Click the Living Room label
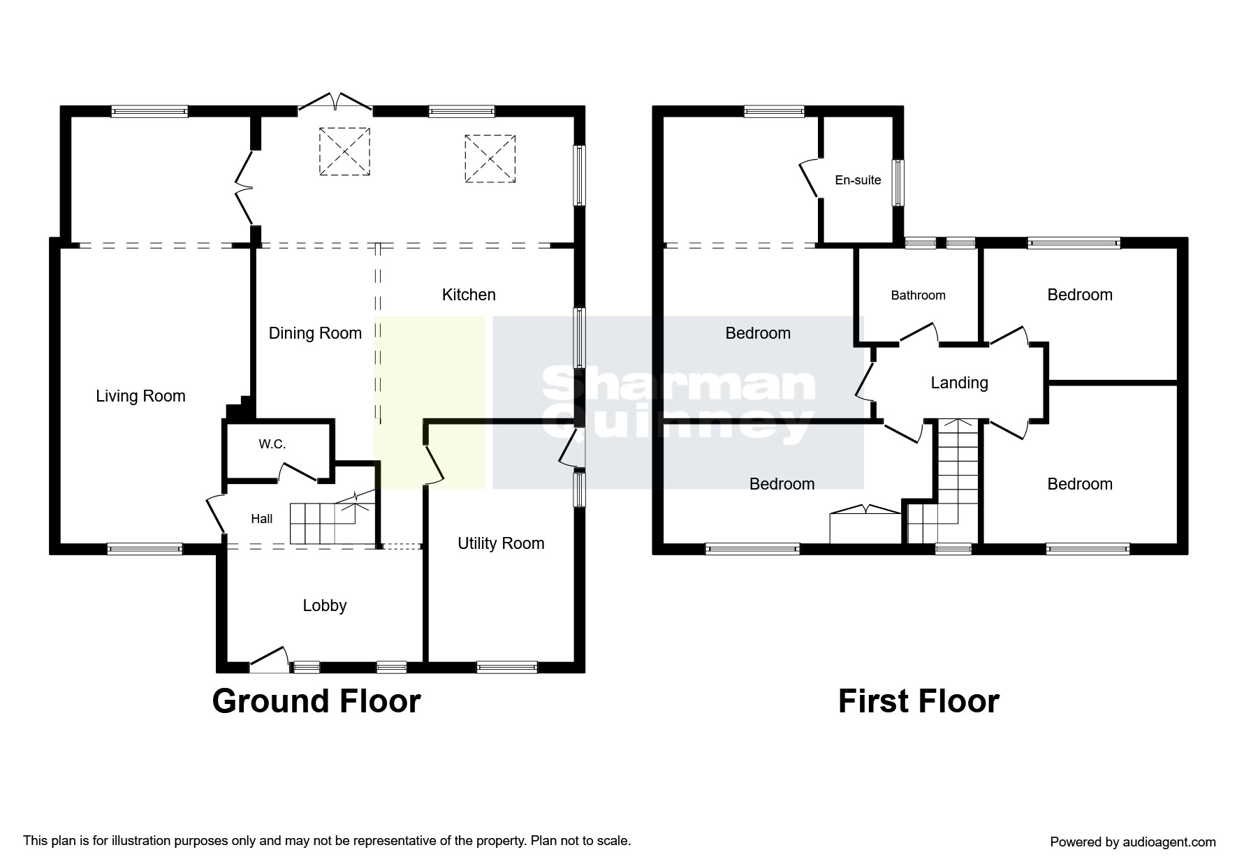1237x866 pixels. tap(140, 396)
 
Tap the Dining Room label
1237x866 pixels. tap(315, 333)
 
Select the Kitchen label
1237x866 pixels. tap(469, 295)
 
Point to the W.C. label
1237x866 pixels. tap(272, 444)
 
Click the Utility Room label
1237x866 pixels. tap(501, 543)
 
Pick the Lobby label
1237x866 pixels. tap(325, 606)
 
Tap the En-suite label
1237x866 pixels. tap(858, 179)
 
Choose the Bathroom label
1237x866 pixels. tap(918, 295)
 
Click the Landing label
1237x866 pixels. tap(960, 383)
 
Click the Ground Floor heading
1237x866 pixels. tap(316, 701)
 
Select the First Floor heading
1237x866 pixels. tap(918, 701)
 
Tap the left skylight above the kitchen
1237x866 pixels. tap(344, 152)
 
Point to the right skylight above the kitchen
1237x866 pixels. tap(490, 159)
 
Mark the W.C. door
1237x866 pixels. tap(298, 472)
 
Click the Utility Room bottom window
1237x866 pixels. tap(507, 667)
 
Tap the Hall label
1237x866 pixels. tap(262, 518)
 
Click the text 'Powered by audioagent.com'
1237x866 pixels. tap(1133, 842)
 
